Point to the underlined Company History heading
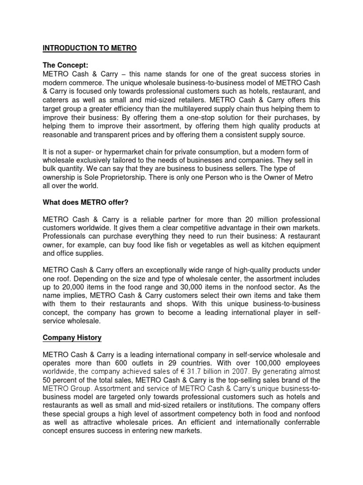[72, 338]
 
